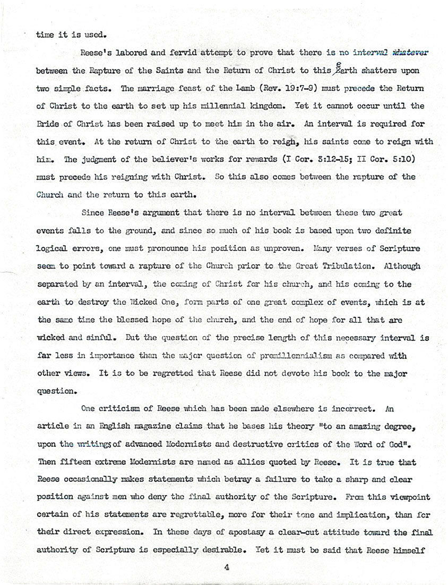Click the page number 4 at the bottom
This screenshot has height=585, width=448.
[x=226, y=567]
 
